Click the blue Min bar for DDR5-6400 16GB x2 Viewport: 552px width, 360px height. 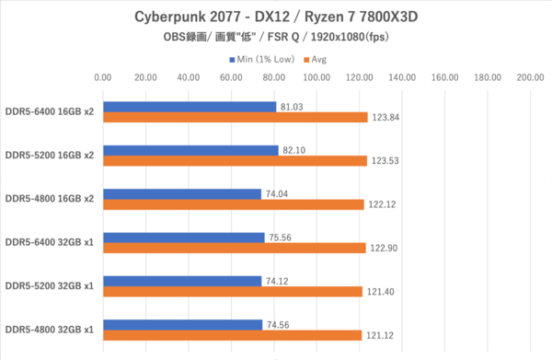190,107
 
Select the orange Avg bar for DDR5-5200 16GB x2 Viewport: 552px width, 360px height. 236,160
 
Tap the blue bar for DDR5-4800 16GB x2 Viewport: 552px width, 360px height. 182,194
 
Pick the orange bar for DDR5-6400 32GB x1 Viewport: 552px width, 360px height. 235,248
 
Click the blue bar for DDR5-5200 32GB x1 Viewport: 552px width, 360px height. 182,281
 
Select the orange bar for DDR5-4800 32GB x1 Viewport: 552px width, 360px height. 233,335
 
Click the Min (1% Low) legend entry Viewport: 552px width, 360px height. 262,60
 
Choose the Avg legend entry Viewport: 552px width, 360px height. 316,60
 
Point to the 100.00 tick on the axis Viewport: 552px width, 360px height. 316,77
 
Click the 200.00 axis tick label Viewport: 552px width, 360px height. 530,77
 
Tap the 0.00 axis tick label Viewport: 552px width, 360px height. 103,77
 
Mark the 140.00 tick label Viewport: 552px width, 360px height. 402,77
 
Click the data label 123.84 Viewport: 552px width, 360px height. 385,117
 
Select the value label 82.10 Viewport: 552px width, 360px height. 294,150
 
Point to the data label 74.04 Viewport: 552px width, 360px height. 277,194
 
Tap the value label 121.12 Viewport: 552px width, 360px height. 380,335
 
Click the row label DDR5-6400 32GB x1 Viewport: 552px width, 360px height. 50,242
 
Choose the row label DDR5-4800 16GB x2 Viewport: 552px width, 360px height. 50,199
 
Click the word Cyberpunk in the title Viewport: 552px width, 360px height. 168,17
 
